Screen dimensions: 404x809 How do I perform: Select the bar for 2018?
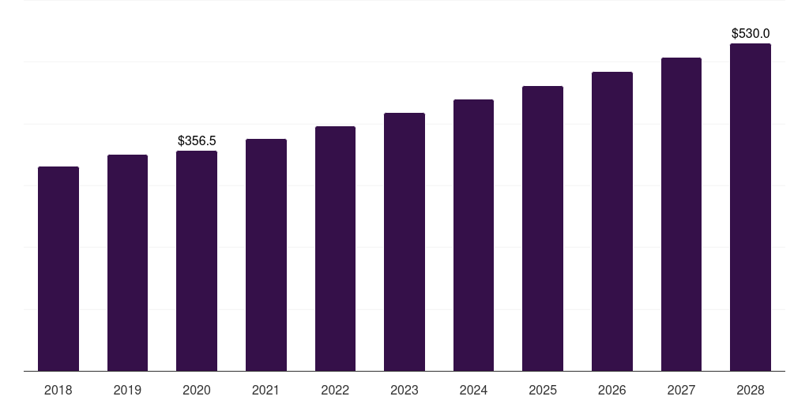(58, 268)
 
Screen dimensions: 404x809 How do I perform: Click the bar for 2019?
(127, 263)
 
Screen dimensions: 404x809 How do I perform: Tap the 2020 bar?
(197, 260)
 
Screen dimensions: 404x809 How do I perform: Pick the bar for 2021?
(266, 255)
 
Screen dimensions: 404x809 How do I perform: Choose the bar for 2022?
(335, 249)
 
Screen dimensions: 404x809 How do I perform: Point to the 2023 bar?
(404, 241)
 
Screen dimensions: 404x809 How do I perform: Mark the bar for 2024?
(473, 235)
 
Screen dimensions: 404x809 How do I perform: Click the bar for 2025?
(543, 228)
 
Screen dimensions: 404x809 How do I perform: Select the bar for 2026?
(612, 221)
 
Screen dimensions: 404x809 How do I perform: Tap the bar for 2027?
(681, 214)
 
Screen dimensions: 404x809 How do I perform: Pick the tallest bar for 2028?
(751, 207)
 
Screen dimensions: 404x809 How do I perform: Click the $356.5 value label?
(197, 140)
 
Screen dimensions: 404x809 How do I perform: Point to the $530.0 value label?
(751, 33)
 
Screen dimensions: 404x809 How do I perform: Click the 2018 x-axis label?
(58, 390)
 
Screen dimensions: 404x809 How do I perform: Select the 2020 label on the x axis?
(197, 390)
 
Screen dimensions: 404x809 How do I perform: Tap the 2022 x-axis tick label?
(335, 390)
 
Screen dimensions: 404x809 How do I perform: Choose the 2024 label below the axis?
(473, 390)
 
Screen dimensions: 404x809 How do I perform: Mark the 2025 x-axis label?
(543, 390)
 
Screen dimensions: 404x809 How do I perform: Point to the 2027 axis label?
(681, 390)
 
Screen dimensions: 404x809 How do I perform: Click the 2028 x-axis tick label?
(751, 390)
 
